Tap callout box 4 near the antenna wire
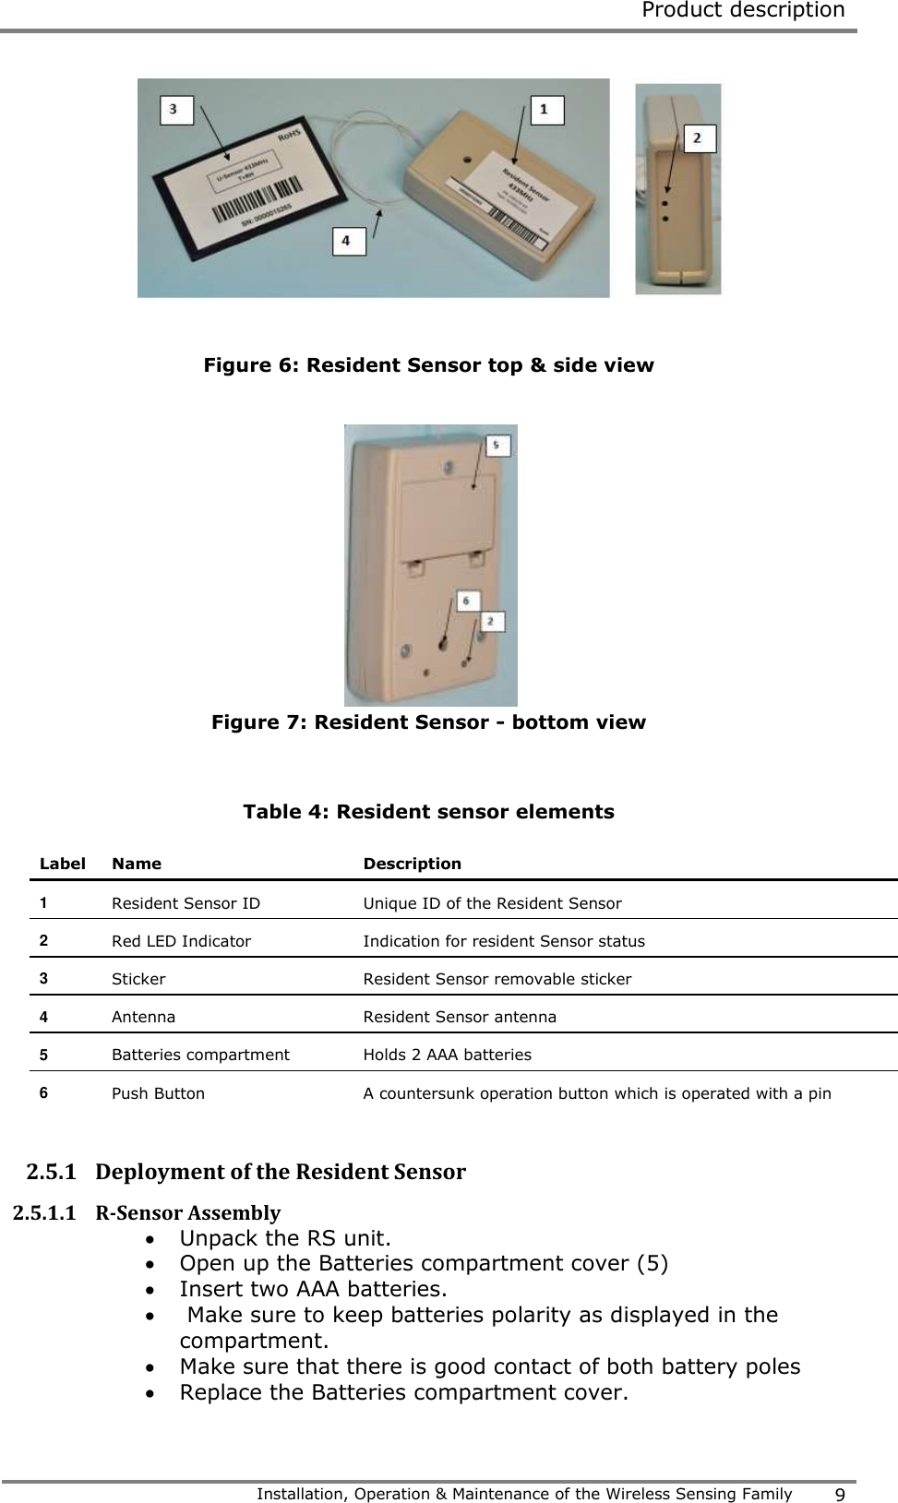(x=348, y=241)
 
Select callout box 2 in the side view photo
(x=699, y=137)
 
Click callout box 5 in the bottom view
(x=497, y=446)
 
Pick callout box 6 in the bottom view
(x=467, y=601)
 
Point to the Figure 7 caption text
(x=428, y=722)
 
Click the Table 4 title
(x=428, y=812)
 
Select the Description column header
(x=412, y=864)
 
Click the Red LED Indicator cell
(x=181, y=941)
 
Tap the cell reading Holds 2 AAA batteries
(x=447, y=1055)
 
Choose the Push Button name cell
(x=158, y=1093)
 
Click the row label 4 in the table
(x=43, y=1017)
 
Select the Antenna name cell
(x=143, y=1017)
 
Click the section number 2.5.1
(x=51, y=1172)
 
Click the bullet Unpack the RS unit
(x=284, y=1238)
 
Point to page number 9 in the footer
(x=839, y=1495)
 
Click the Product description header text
(x=742, y=11)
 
